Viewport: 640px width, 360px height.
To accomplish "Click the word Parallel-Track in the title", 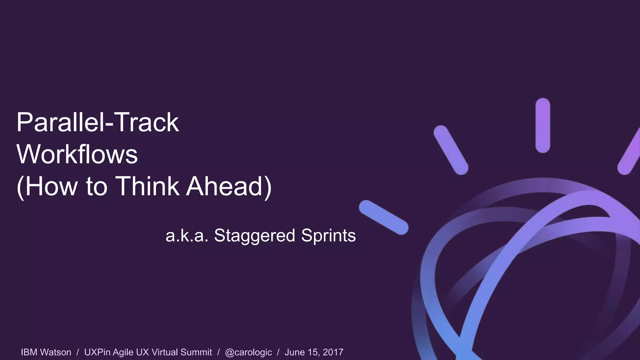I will tap(97, 122).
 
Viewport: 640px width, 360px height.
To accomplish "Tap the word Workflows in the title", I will tap(77, 154).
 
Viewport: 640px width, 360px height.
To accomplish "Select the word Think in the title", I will tap(147, 187).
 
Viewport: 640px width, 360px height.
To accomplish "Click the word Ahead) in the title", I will tap(229, 187).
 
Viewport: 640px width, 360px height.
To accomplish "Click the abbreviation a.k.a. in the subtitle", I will tap(187, 236).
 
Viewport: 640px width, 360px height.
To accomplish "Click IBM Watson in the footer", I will tap(46, 352).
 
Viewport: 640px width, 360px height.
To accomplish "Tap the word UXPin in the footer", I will tap(97, 352).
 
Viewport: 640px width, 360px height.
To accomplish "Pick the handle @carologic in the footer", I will tap(248, 352).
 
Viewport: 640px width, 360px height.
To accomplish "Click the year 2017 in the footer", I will tap(333, 352).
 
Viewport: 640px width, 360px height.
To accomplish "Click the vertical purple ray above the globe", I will tap(542, 125).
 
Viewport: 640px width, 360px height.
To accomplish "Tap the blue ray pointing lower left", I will tap(383, 217).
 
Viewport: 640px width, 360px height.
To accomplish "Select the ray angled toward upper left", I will tap(451, 150).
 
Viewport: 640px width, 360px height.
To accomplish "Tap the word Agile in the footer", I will tap(123, 352).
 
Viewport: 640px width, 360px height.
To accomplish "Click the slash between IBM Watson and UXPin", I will tap(77, 352).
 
